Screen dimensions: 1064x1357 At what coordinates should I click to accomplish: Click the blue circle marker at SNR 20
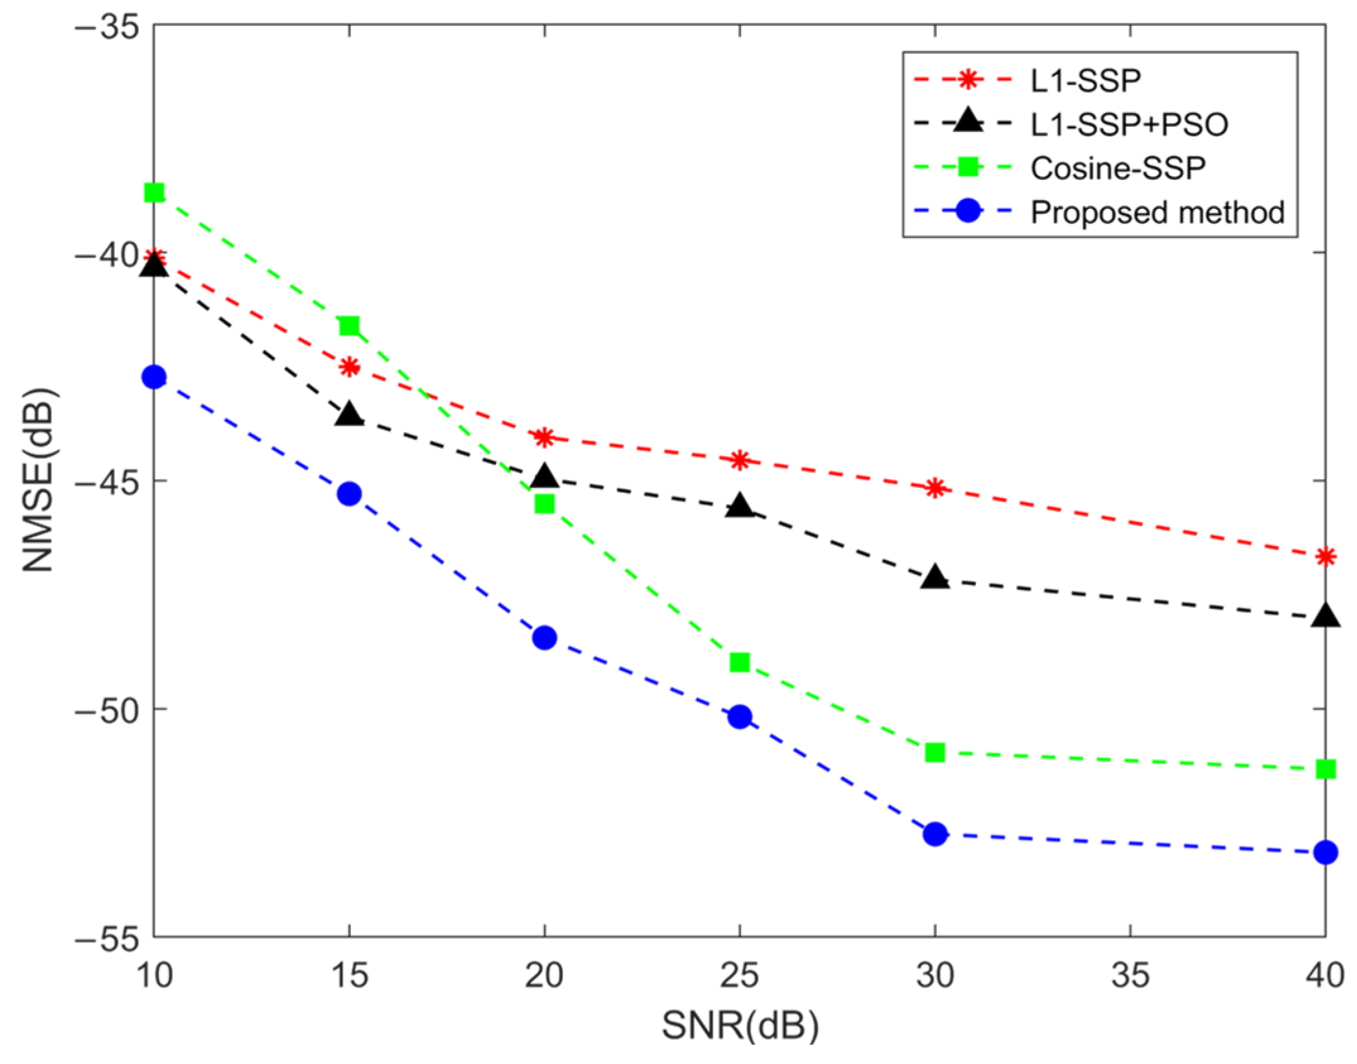click(544, 638)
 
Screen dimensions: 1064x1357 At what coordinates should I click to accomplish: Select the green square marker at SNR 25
click(739, 663)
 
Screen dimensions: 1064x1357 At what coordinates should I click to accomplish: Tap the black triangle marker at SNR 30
click(935, 577)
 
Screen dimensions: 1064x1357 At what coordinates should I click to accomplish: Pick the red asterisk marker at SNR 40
click(1325, 557)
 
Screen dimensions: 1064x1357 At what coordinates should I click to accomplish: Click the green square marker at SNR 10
click(154, 192)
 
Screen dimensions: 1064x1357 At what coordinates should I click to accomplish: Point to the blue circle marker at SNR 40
click(1325, 853)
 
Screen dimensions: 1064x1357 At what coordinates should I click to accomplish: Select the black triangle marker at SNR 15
click(349, 415)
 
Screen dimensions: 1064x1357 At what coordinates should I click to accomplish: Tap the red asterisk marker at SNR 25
click(739, 460)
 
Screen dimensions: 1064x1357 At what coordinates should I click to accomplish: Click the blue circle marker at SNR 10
click(154, 377)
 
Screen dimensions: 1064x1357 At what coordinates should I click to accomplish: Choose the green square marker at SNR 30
click(935, 752)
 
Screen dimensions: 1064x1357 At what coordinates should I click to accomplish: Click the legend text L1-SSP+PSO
click(1129, 125)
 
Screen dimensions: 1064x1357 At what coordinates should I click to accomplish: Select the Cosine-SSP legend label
click(1118, 168)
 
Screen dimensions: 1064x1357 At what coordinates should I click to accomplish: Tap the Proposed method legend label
click(1157, 213)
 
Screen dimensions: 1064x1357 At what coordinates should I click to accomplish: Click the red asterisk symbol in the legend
click(968, 80)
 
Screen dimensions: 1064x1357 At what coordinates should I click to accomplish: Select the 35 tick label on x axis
click(1130, 976)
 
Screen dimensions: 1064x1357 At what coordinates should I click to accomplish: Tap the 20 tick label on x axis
click(544, 976)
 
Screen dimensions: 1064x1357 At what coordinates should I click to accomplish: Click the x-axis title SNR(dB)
click(740, 1026)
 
